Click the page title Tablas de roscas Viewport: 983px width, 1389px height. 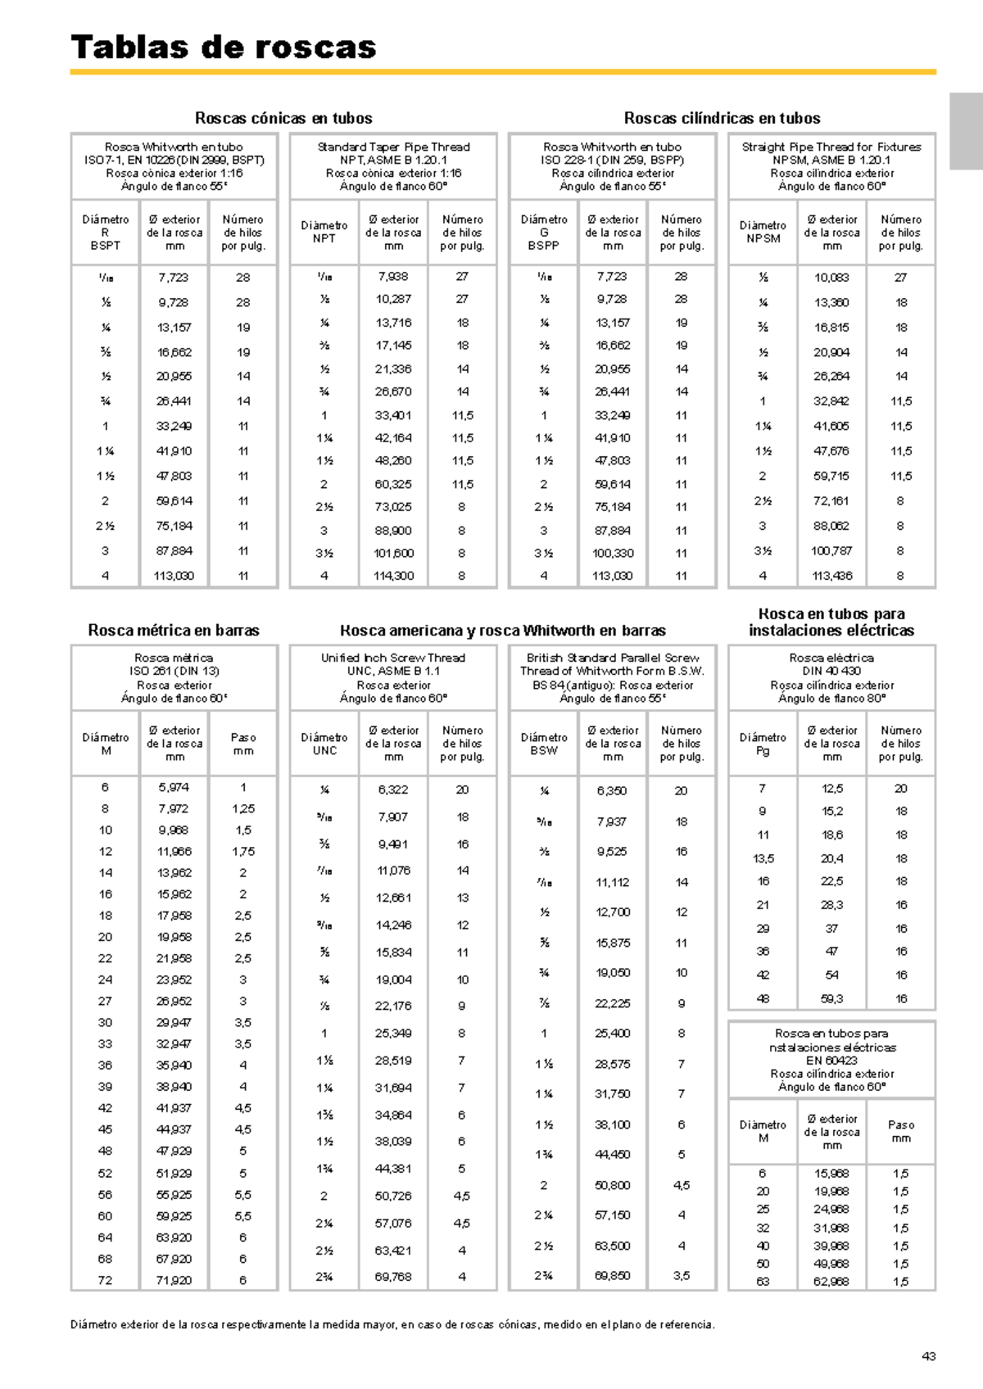click(x=223, y=47)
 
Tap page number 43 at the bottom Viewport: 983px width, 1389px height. click(x=928, y=1356)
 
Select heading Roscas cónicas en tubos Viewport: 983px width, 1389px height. click(x=283, y=118)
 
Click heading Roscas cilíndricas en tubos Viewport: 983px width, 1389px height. click(x=722, y=118)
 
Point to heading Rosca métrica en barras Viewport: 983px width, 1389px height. click(x=174, y=631)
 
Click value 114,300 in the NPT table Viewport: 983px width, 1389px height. click(x=393, y=576)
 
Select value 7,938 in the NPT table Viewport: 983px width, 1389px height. click(x=393, y=277)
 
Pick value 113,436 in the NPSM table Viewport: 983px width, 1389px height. click(x=832, y=576)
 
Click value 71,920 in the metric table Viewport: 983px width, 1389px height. click(x=174, y=1280)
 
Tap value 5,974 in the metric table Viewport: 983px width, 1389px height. click(x=174, y=787)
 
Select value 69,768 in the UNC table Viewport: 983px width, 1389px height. click(x=393, y=1276)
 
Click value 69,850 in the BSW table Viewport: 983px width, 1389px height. click(x=612, y=1276)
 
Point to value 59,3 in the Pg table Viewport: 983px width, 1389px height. click(x=832, y=998)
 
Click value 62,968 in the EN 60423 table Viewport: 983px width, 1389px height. click(x=832, y=1282)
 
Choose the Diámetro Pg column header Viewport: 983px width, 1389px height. click(x=763, y=744)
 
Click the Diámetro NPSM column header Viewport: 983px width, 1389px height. click(x=763, y=232)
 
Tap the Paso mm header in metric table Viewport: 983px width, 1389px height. click(x=243, y=744)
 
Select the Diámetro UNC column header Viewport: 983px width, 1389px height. click(x=324, y=744)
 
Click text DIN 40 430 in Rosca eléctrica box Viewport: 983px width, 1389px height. click(x=831, y=671)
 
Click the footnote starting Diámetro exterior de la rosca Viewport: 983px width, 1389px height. click(x=392, y=1324)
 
